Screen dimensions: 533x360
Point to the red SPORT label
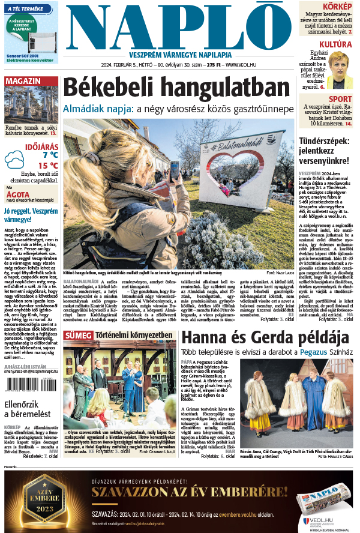click(x=340, y=99)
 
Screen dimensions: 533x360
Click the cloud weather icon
click(x=14, y=159)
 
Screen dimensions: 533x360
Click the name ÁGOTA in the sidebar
click(x=17, y=194)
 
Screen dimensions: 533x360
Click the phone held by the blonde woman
click(x=174, y=170)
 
